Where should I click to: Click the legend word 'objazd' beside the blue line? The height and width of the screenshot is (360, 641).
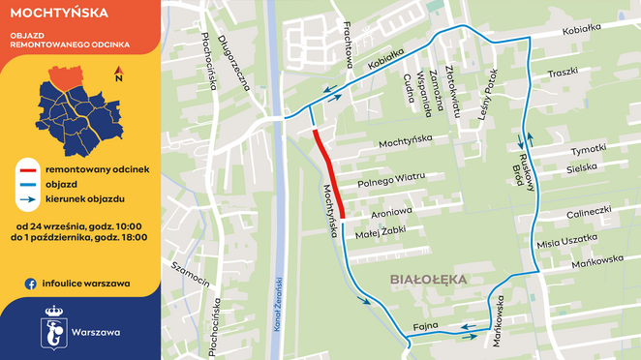pyautogui.click(x=61, y=184)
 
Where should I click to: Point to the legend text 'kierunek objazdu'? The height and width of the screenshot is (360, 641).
pyautogui.click(x=84, y=198)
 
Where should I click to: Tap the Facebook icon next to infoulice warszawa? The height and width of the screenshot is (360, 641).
pyautogui.click(x=31, y=284)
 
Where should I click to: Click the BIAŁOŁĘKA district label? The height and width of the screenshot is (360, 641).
pyautogui.click(x=428, y=279)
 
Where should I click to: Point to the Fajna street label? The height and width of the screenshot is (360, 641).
pyautogui.click(x=426, y=324)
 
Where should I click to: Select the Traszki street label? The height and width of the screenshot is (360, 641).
pyautogui.click(x=562, y=72)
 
